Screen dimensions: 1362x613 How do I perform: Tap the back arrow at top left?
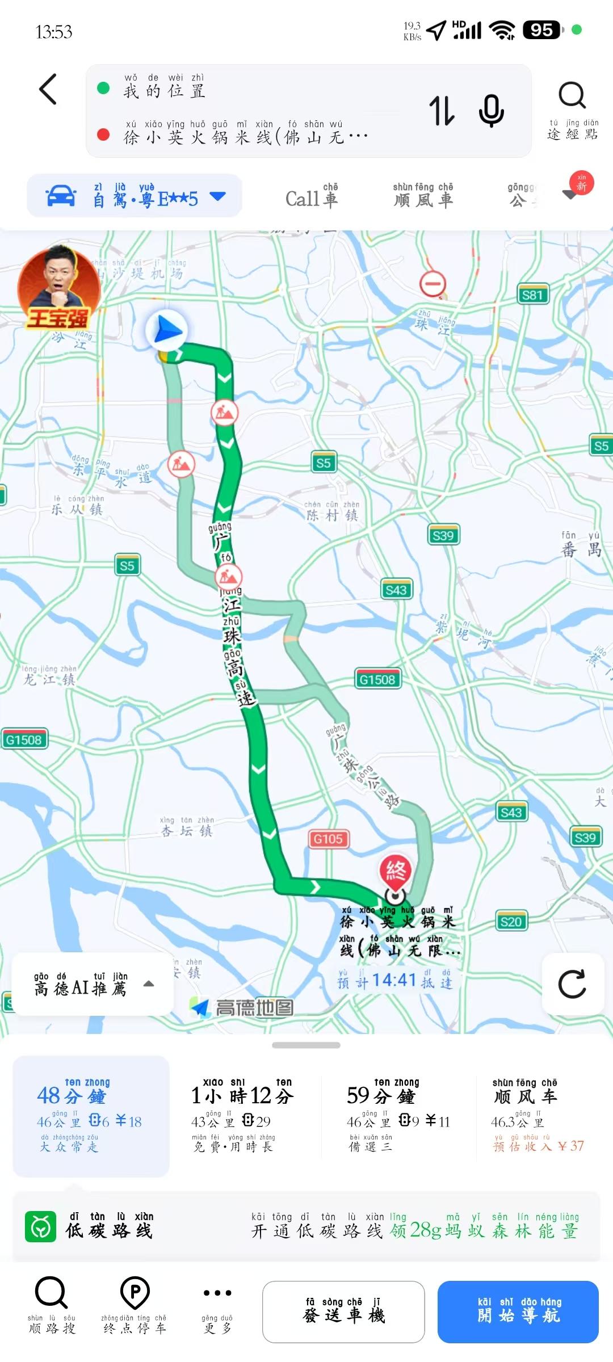[48, 90]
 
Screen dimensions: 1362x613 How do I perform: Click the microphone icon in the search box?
[491, 110]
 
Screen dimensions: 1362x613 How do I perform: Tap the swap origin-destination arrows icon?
[442, 110]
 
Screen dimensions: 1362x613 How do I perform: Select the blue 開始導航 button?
[518, 1311]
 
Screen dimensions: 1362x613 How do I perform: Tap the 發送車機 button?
[343, 1311]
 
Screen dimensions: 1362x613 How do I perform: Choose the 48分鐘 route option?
[91, 1115]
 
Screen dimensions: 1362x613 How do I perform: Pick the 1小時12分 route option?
[243, 1115]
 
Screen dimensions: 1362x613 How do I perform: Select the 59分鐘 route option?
[397, 1115]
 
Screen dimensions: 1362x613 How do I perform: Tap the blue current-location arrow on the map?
[166, 331]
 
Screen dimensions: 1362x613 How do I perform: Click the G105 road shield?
[328, 839]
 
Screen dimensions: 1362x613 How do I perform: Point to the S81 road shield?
[532, 295]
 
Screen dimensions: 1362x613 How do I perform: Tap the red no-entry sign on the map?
[433, 283]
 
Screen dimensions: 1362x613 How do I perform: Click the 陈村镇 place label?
[332, 514]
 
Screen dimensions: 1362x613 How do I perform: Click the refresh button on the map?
[572, 984]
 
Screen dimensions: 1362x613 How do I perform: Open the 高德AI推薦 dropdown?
[93, 984]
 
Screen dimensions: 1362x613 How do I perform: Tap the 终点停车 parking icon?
[135, 1303]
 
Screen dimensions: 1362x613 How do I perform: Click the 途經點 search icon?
[572, 108]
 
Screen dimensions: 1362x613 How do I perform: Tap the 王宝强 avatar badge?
[58, 289]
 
